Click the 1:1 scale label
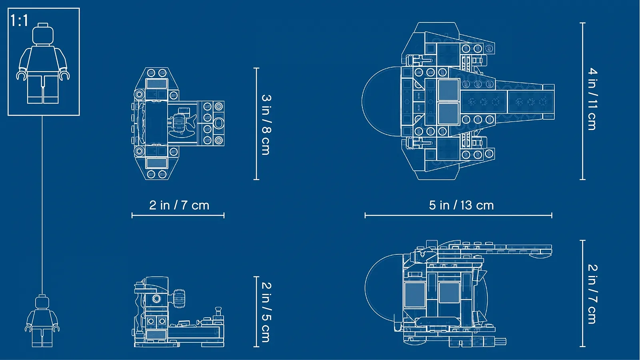pos(19,20)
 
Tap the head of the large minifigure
pos(43,34)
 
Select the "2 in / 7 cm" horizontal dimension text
pos(179,206)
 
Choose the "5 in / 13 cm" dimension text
pos(461,206)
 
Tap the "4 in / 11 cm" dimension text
pos(592,99)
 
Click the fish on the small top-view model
pos(182,122)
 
